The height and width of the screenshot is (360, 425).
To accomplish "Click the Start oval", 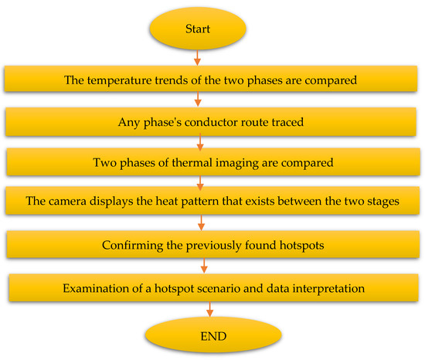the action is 198,29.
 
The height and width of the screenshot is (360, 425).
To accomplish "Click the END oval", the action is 213,336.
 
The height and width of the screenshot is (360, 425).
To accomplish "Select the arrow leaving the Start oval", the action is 198,58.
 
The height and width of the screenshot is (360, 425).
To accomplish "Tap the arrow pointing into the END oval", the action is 209,309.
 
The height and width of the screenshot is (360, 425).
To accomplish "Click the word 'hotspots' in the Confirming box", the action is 301,246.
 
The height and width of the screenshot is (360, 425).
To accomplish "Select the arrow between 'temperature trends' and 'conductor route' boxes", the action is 198,99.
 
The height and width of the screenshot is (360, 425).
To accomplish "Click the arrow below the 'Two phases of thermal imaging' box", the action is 200,183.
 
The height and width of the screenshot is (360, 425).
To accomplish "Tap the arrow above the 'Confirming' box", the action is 201,222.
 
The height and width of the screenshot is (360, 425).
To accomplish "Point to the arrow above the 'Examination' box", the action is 204,266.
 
